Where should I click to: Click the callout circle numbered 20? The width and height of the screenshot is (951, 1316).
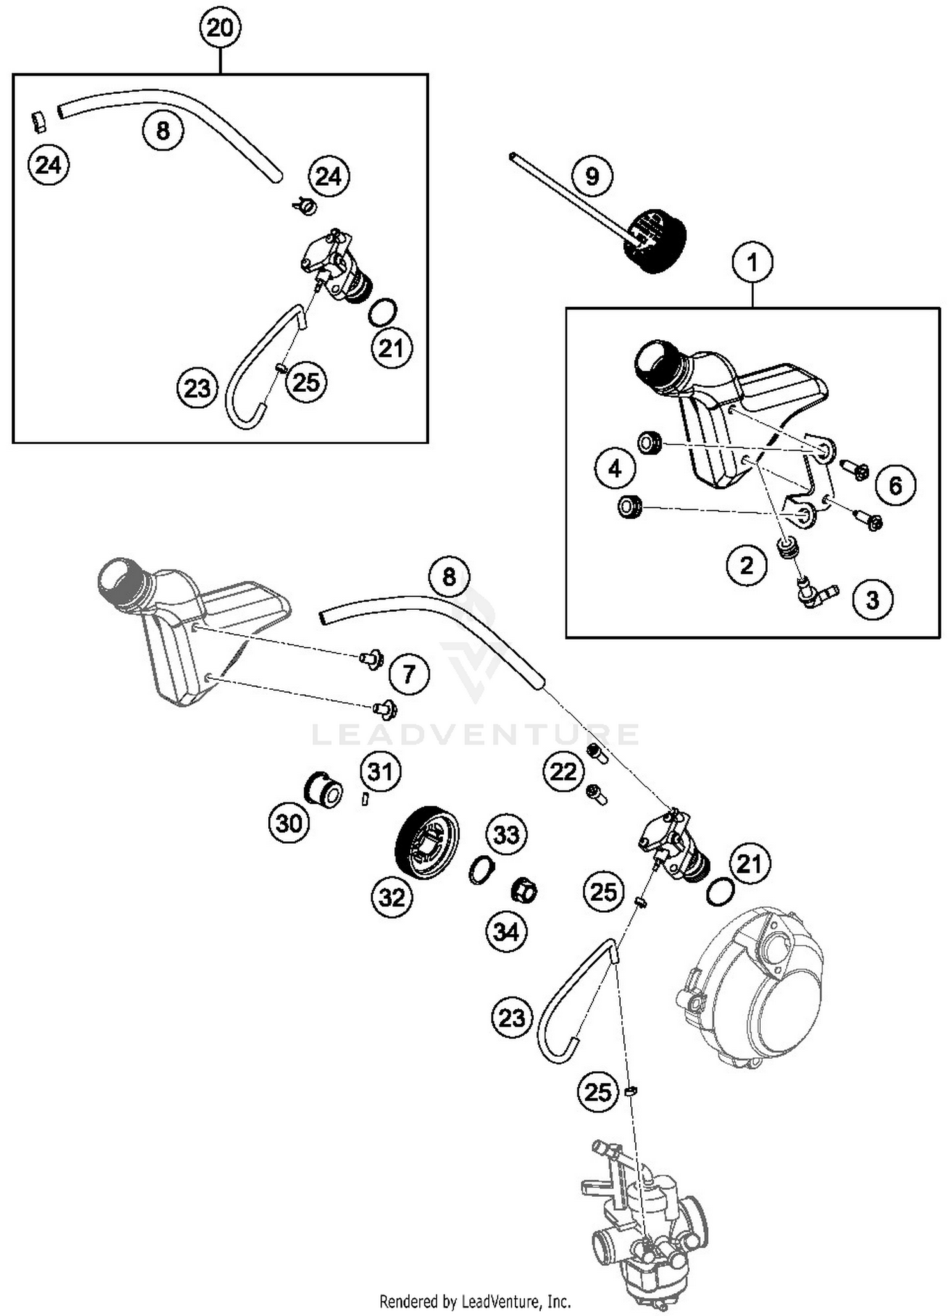pos(220,29)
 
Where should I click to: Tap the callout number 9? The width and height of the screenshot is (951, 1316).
pos(592,176)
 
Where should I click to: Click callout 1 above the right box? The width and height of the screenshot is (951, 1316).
pos(753,262)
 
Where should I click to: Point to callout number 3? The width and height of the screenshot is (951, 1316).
pos(872,600)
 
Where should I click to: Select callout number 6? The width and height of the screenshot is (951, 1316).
pos(895,486)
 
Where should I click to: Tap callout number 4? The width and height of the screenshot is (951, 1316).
pos(615,469)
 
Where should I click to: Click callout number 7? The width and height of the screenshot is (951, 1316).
pos(409,673)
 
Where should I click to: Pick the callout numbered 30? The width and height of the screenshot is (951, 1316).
pos(289,823)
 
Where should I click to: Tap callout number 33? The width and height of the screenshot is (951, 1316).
pos(506,835)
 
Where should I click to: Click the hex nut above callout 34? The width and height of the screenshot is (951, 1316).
pos(524,892)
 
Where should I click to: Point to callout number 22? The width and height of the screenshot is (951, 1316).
pos(563,772)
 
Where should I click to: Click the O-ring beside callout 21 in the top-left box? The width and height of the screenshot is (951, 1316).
pos(383,313)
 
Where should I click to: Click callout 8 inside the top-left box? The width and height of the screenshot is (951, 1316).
pos(163,131)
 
